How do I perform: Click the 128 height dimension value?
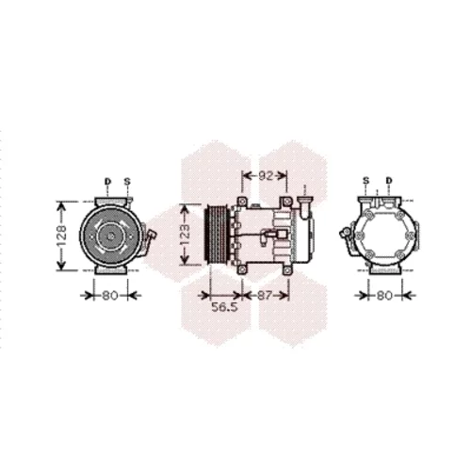tap(62, 235)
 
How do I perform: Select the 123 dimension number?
tap(186, 235)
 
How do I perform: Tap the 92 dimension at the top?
tap(266, 176)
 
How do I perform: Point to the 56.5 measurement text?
tap(224, 307)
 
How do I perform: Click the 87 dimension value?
tap(264, 295)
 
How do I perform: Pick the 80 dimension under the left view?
tap(110, 295)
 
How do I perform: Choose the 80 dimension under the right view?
tap(384, 295)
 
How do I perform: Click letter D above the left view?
tap(107, 181)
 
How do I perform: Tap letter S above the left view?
tap(127, 181)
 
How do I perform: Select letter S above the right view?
tap(366, 181)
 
